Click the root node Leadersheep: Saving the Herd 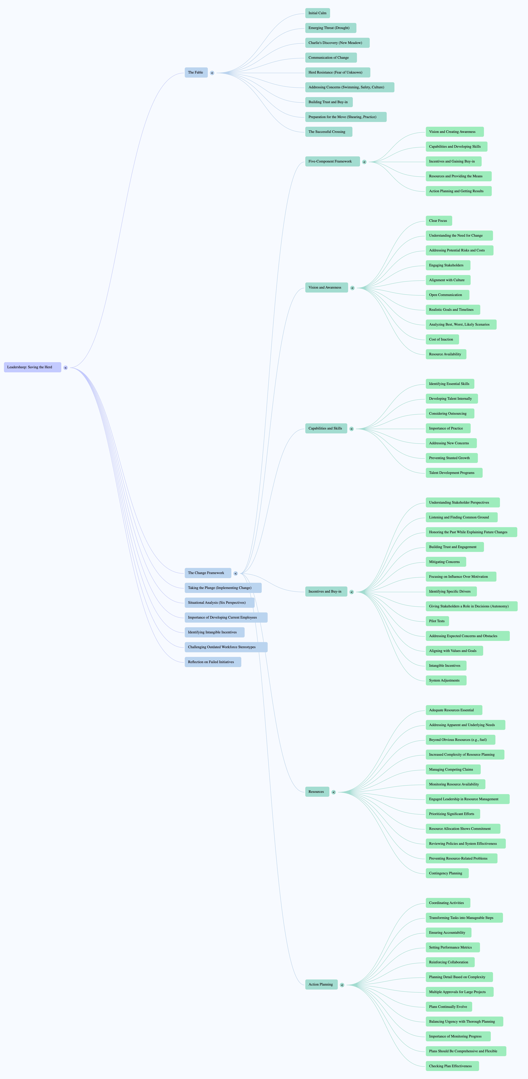[x=33, y=367]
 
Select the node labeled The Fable [x=196, y=73]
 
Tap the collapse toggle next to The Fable [x=212, y=73]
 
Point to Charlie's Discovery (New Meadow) [x=337, y=43]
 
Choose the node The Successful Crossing [x=329, y=131]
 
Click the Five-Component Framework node [x=332, y=161]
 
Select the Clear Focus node [x=439, y=221]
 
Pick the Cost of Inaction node [x=442, y=339]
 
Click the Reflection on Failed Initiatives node [x=213, y=662]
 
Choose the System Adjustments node [x=446, y=680]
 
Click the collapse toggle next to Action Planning [x=342, y=985]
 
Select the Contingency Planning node [x=447, y=873]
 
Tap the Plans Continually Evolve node [x=449, y=1006]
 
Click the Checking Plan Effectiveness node [x=452, y=1066]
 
